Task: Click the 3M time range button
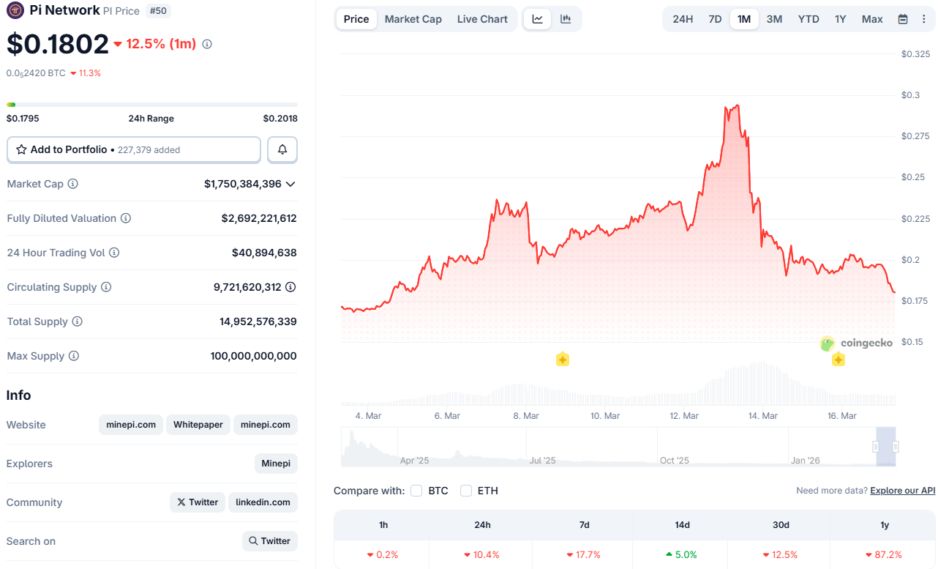click(x=774, y=19)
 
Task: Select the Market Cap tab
click(x=413, y=19)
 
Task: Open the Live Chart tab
click(x=482, y=19)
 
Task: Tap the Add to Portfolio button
click(x=134, y=149)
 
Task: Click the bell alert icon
click(x=282, y=149)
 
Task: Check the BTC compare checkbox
click(x=416, y=491)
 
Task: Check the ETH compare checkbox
click(x=466, y=491)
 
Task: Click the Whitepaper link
click(x=198, y=425)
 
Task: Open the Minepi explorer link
click(x=276, y=464)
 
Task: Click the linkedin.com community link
click(x=263, y=502)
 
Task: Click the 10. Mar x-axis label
click(x=605, y=416)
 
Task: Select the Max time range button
click(x=872, y=19)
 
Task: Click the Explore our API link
click(x=902, y=491)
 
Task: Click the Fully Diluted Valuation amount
click(x=259, y=218)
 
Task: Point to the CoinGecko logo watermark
click(x=856, y=343)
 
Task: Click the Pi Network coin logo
click(x=15, y=11)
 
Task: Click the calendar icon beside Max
click(x=903, y=19)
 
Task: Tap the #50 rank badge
click(x=159, y=11)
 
